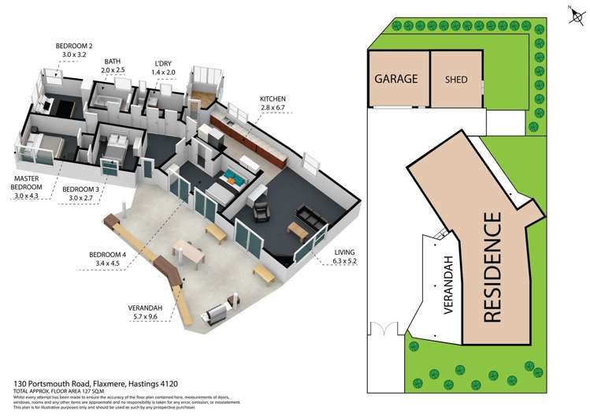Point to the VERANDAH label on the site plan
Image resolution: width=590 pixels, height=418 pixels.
tap(450, 285)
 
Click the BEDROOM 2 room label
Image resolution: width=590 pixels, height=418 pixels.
tap(74, 47)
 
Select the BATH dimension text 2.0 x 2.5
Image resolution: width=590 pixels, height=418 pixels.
tap(113, 70)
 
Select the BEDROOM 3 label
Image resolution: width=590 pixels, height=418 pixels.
tap(79, 190)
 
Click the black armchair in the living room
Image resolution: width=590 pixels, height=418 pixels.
tap(260, 211)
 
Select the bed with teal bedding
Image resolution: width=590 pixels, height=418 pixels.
tap(234, 177)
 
